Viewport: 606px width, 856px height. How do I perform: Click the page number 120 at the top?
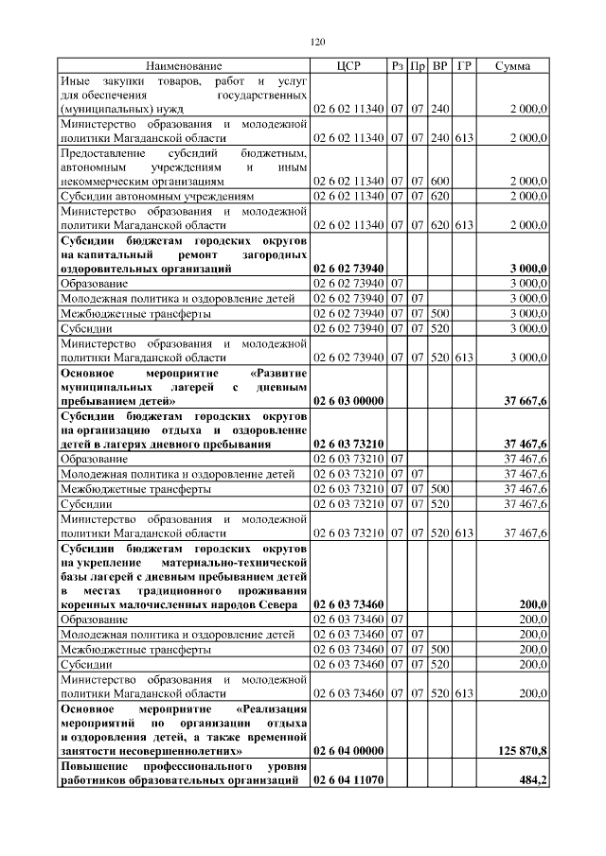317,42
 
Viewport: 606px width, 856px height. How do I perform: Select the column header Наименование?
184,66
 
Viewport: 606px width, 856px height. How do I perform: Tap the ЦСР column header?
348,66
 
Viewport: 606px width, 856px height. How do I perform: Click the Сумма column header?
512,66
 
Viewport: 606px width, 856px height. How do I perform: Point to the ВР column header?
439,66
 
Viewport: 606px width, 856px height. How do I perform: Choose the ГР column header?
464,66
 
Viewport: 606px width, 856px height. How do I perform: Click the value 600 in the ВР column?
439,181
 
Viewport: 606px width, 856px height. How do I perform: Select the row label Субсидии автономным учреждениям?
157,196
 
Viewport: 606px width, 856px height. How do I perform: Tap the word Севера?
281,604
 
